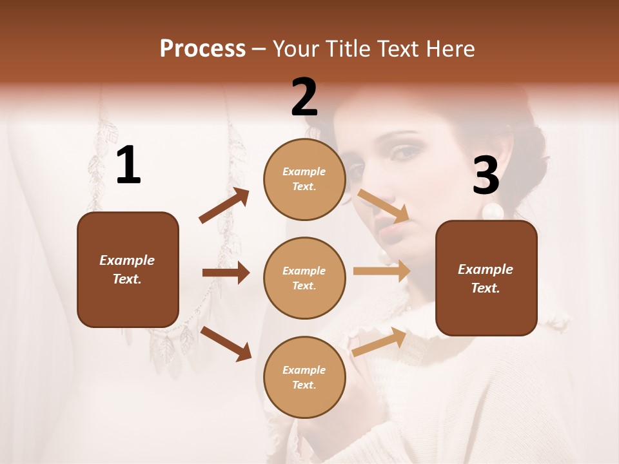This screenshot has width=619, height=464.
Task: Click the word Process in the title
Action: pyautogui.click(x=202, y=49)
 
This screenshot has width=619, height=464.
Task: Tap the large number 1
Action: pyautogui.click(x=128, y=166)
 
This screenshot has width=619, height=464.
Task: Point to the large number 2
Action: pyautogui.click(x=304, y=97)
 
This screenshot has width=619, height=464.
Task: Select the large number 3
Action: pyautogui.click(x=486, y=176)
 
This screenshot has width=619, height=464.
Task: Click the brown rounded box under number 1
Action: pyautogui.click(x=128, y=269)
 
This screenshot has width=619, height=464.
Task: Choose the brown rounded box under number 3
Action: pyautogui.click(x=486, y=278)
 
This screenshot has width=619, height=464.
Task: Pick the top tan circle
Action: pyautogui.click(x=304, y=179)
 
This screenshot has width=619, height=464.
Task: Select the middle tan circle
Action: pyautogui.click(x=304, y=278)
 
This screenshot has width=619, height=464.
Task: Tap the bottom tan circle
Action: pyautogui.click(x=304, y=377)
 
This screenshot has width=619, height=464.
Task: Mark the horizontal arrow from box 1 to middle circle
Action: pyautogui.click(x=226, y=273)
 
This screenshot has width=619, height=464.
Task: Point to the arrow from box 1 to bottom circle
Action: pyautogui.click(x=226, y=343)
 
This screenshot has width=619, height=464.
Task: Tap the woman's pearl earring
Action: pyautogui.click(x=492, y=211)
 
